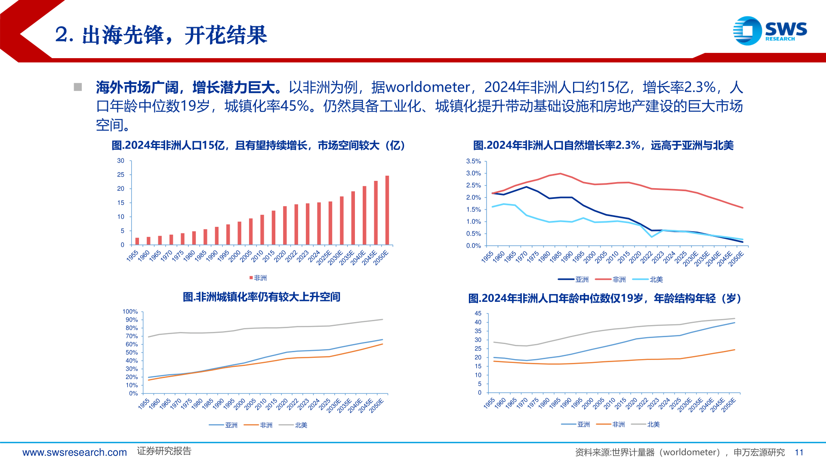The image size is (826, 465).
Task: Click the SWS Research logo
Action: [770, 31]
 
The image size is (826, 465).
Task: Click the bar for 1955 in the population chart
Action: [137, 241]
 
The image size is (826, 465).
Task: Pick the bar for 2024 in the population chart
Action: [319, 223]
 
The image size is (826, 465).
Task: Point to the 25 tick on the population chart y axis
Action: [120, 175]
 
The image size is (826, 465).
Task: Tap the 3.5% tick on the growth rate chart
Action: [473, 161]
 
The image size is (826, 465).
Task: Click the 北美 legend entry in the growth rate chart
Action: [648, 279]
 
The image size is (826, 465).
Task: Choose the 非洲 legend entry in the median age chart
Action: [610, 425]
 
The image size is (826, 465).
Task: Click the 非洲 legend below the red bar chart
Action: [258, 278]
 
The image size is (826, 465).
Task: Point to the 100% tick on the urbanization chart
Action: [130, 312]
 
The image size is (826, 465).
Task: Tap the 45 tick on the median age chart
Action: [478, 313]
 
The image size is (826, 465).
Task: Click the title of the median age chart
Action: [604, 298]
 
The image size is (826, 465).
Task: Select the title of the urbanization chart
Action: [261, 297]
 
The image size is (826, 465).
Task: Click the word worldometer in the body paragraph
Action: [428, 87]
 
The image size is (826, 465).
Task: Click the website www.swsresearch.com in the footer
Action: [74, 452]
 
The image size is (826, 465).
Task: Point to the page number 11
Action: [799, 452]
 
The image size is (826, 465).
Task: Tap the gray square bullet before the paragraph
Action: [78, 87]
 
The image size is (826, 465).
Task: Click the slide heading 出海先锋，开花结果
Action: [174, 35]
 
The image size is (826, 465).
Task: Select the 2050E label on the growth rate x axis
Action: [736, 259]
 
